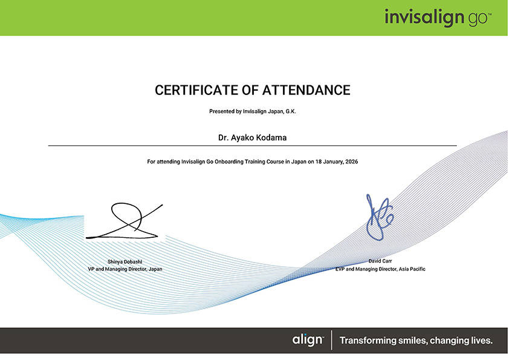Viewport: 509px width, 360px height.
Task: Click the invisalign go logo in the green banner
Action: coord(438,18)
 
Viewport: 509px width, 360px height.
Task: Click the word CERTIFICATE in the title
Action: coord(196,90)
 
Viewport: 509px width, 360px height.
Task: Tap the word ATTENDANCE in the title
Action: coord(306,90)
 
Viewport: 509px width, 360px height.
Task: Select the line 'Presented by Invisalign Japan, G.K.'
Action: coord(253,111)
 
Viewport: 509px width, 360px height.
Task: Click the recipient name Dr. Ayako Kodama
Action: coord(252,138)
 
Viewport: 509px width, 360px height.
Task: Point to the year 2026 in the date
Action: coord(352,162)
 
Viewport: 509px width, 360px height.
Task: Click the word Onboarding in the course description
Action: coord(229,162)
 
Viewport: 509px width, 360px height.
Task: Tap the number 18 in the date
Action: coord(318,162)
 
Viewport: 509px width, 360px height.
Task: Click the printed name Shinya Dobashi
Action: coord(125,261)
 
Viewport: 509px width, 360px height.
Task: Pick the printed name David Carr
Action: coord(380,261)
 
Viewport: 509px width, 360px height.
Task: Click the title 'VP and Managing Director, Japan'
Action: coord(125,269)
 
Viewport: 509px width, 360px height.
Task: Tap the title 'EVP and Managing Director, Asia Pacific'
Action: coord(380,269)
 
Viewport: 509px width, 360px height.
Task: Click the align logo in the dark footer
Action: coord(308,340)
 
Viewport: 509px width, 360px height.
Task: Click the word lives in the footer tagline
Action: coord(481,341)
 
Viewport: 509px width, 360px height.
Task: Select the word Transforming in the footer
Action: coord(368,341)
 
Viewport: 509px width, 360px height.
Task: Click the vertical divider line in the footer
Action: coord(331,340)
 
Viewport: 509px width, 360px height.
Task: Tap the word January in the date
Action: coord(333,162)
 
